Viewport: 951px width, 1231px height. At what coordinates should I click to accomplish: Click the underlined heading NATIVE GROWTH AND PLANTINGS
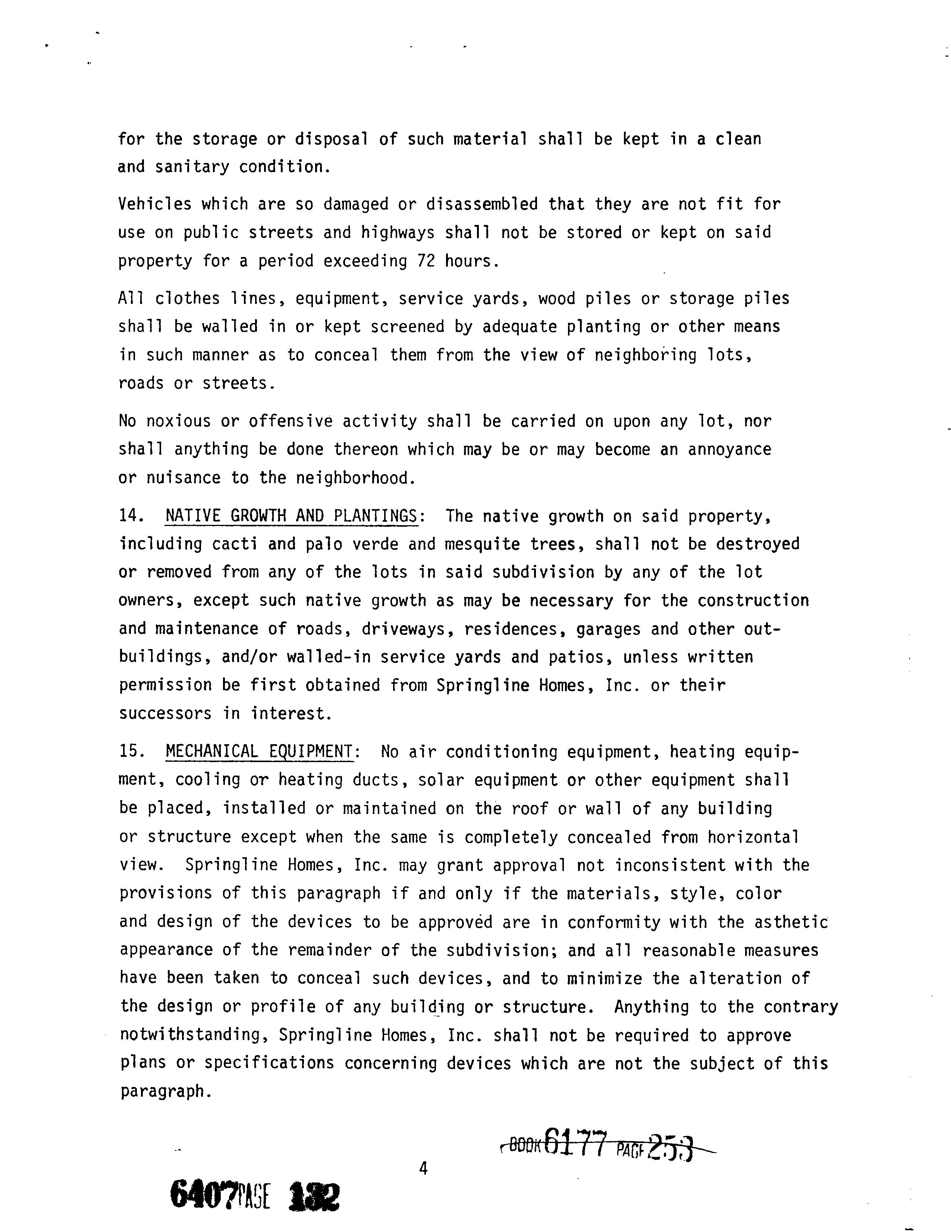coord(291,516)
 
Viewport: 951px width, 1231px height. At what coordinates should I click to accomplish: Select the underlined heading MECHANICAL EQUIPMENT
coord(260,752)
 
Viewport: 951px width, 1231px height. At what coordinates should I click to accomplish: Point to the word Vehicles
coord(155,204)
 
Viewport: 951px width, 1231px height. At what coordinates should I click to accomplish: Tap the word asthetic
coord(791,922)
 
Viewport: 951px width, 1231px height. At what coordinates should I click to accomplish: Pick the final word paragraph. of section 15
coord(166,1092)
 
